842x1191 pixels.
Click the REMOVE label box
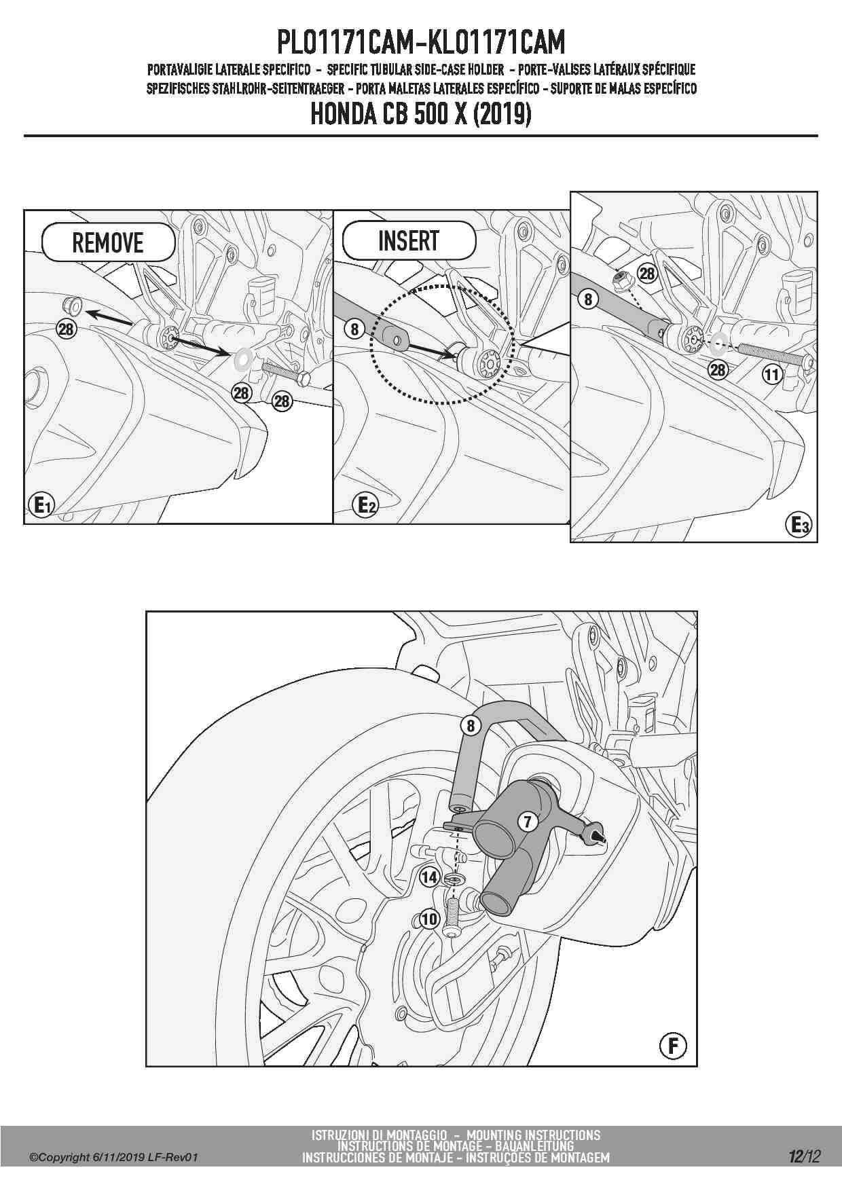point(109,242)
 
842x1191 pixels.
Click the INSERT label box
point(409,240)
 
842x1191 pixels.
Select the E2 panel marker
point(366,505)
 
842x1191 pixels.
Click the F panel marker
point(673,1046)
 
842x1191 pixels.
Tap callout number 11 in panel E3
point(771,374)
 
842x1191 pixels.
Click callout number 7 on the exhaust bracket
point(528,822)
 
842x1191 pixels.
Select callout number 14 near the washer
point(429,877)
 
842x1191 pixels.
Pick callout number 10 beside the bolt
point(429,919)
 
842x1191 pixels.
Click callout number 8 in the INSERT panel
point(354,330)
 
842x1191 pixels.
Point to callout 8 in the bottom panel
point(470,726)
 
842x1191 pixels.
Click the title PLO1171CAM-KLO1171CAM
point(421,43)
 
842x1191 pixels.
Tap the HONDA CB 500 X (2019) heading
point(421,114)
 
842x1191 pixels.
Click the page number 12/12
point(804,1156)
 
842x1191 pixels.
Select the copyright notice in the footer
point(113,1157)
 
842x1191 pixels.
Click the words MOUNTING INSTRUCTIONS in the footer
point(534,1135)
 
